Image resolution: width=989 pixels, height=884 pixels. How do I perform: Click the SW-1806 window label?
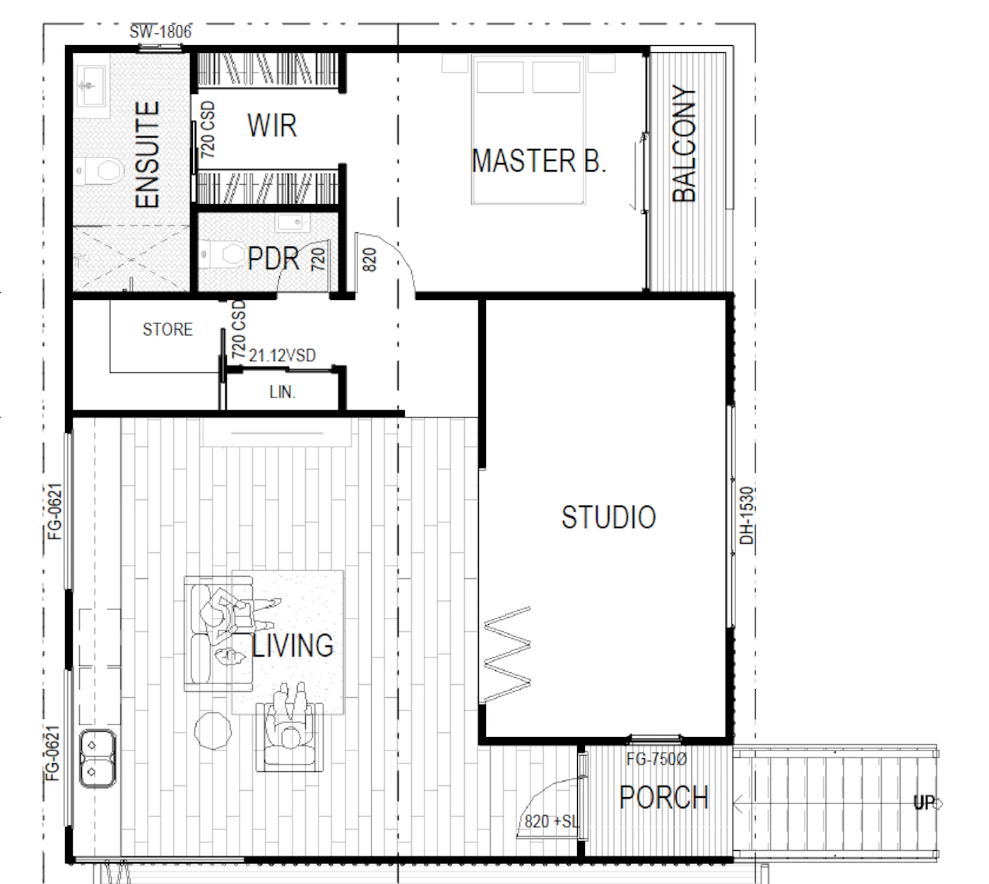pos(160,32)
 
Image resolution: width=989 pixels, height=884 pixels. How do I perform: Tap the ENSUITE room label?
pos(147,155)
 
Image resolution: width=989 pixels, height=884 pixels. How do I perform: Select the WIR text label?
pos(272,126)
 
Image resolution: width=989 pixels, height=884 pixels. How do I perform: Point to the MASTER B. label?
pos(539,161)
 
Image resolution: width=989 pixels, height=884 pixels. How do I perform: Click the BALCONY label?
pos(683,143)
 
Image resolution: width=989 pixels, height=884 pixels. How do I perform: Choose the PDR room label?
pos(273,258)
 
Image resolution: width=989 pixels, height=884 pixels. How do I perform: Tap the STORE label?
pos(167,329)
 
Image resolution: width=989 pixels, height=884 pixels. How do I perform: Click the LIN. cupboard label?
pos(283,392)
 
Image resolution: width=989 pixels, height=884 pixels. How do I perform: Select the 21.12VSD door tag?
pos(283,355)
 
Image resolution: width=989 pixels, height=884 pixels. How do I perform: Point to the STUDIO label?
pos(608,517)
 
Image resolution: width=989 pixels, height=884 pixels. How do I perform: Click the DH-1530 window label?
pos(747,515)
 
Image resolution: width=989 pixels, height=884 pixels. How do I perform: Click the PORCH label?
pos(664,798)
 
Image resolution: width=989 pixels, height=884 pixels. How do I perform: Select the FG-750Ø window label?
pos(656,759)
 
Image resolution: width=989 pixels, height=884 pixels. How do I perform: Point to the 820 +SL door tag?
pos(551,822)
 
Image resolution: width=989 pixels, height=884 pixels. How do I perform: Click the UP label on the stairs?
pos(924,803)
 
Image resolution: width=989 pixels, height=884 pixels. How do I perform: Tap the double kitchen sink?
pos(97,758)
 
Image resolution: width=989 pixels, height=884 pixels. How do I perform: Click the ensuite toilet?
pos(105,170)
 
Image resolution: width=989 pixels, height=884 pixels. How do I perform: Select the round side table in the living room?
pos(213,730)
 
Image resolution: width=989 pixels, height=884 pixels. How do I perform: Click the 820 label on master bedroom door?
pos(369,260)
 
